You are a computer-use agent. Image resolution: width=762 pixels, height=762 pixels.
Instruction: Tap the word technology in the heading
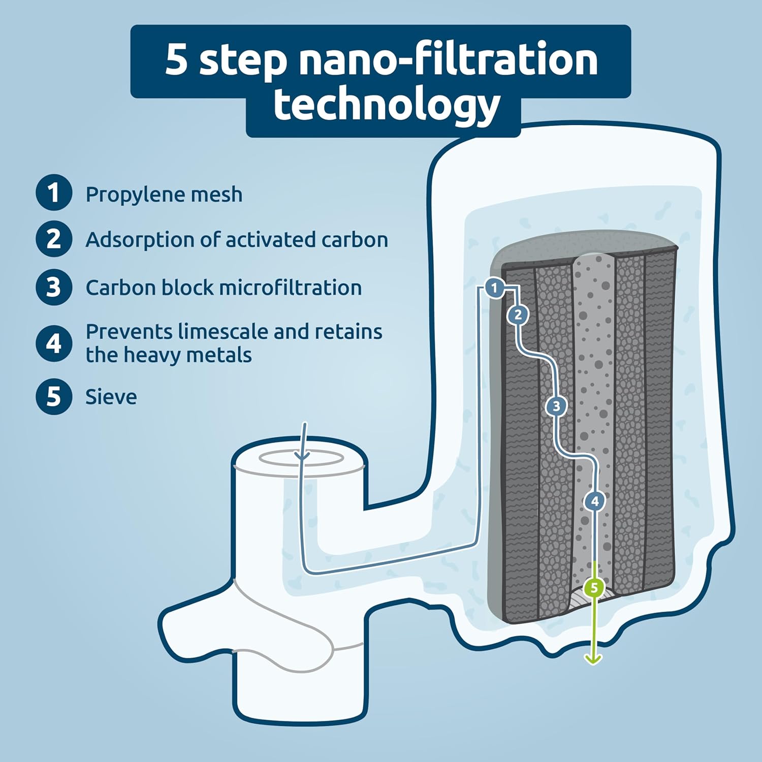[x=387, y=106]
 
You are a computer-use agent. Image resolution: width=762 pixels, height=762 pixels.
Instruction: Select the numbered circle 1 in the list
[x=53, y=193]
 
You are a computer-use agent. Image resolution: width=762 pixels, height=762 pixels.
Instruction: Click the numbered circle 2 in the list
[x=53, y=239]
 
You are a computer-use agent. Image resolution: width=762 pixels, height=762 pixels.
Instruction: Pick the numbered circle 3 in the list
[x=53, y=287]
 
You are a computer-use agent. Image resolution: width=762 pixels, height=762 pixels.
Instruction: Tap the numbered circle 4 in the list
[x=53, y=343]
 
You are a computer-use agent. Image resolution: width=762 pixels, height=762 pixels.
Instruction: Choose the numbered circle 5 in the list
[x=53, y=396]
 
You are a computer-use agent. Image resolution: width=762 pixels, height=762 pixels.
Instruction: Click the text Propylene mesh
[x=164, y=195]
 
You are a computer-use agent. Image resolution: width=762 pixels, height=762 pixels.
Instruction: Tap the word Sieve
[x=111, y=397]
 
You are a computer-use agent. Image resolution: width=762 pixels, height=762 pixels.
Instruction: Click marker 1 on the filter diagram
[x=494, y=288]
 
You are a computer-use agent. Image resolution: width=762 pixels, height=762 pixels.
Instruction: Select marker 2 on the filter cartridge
[x=518, y=315]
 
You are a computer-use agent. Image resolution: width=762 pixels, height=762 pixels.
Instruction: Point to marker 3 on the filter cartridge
[x=556, y=406]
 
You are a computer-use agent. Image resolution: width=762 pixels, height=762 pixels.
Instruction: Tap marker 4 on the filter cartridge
[x=594, y=501]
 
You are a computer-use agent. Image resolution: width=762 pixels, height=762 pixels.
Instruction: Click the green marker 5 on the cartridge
[x=594, y=588]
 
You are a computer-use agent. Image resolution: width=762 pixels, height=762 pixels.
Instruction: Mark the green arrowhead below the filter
[x=593, y=659]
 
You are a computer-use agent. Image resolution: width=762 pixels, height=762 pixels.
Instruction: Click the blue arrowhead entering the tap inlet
[x=303, y=455]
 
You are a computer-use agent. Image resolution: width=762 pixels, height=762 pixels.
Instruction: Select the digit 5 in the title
[x=176, y=60]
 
